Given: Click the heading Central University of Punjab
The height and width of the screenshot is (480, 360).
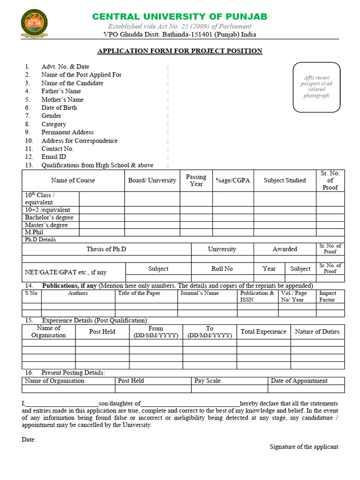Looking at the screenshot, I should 180,16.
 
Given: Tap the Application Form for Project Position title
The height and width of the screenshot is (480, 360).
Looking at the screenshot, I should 180,51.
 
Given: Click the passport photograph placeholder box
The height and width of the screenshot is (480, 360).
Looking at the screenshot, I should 316,87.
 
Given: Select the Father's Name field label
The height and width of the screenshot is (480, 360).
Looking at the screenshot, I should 61,91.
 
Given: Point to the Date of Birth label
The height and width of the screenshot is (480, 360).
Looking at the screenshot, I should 59,108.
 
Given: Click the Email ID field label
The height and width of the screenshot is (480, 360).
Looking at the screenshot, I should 53,157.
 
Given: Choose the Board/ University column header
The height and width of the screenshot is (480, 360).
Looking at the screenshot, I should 152,180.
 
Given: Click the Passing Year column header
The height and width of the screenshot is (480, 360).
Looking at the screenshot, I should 196,180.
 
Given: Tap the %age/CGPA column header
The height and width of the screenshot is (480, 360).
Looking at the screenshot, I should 233,180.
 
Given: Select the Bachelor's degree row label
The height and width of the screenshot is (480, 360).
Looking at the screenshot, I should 49,217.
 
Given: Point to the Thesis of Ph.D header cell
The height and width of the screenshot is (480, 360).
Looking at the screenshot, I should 106,249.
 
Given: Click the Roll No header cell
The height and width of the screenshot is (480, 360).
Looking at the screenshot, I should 222,269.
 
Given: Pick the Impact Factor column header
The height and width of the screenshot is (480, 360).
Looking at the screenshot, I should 327,296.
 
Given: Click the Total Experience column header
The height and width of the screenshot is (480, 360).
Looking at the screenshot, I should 263,332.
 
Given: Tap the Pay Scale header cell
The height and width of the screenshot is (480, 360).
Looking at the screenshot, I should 207,381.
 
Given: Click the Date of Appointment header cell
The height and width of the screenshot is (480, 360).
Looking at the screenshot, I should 299,381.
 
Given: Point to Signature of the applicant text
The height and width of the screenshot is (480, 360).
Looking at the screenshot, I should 304,447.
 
